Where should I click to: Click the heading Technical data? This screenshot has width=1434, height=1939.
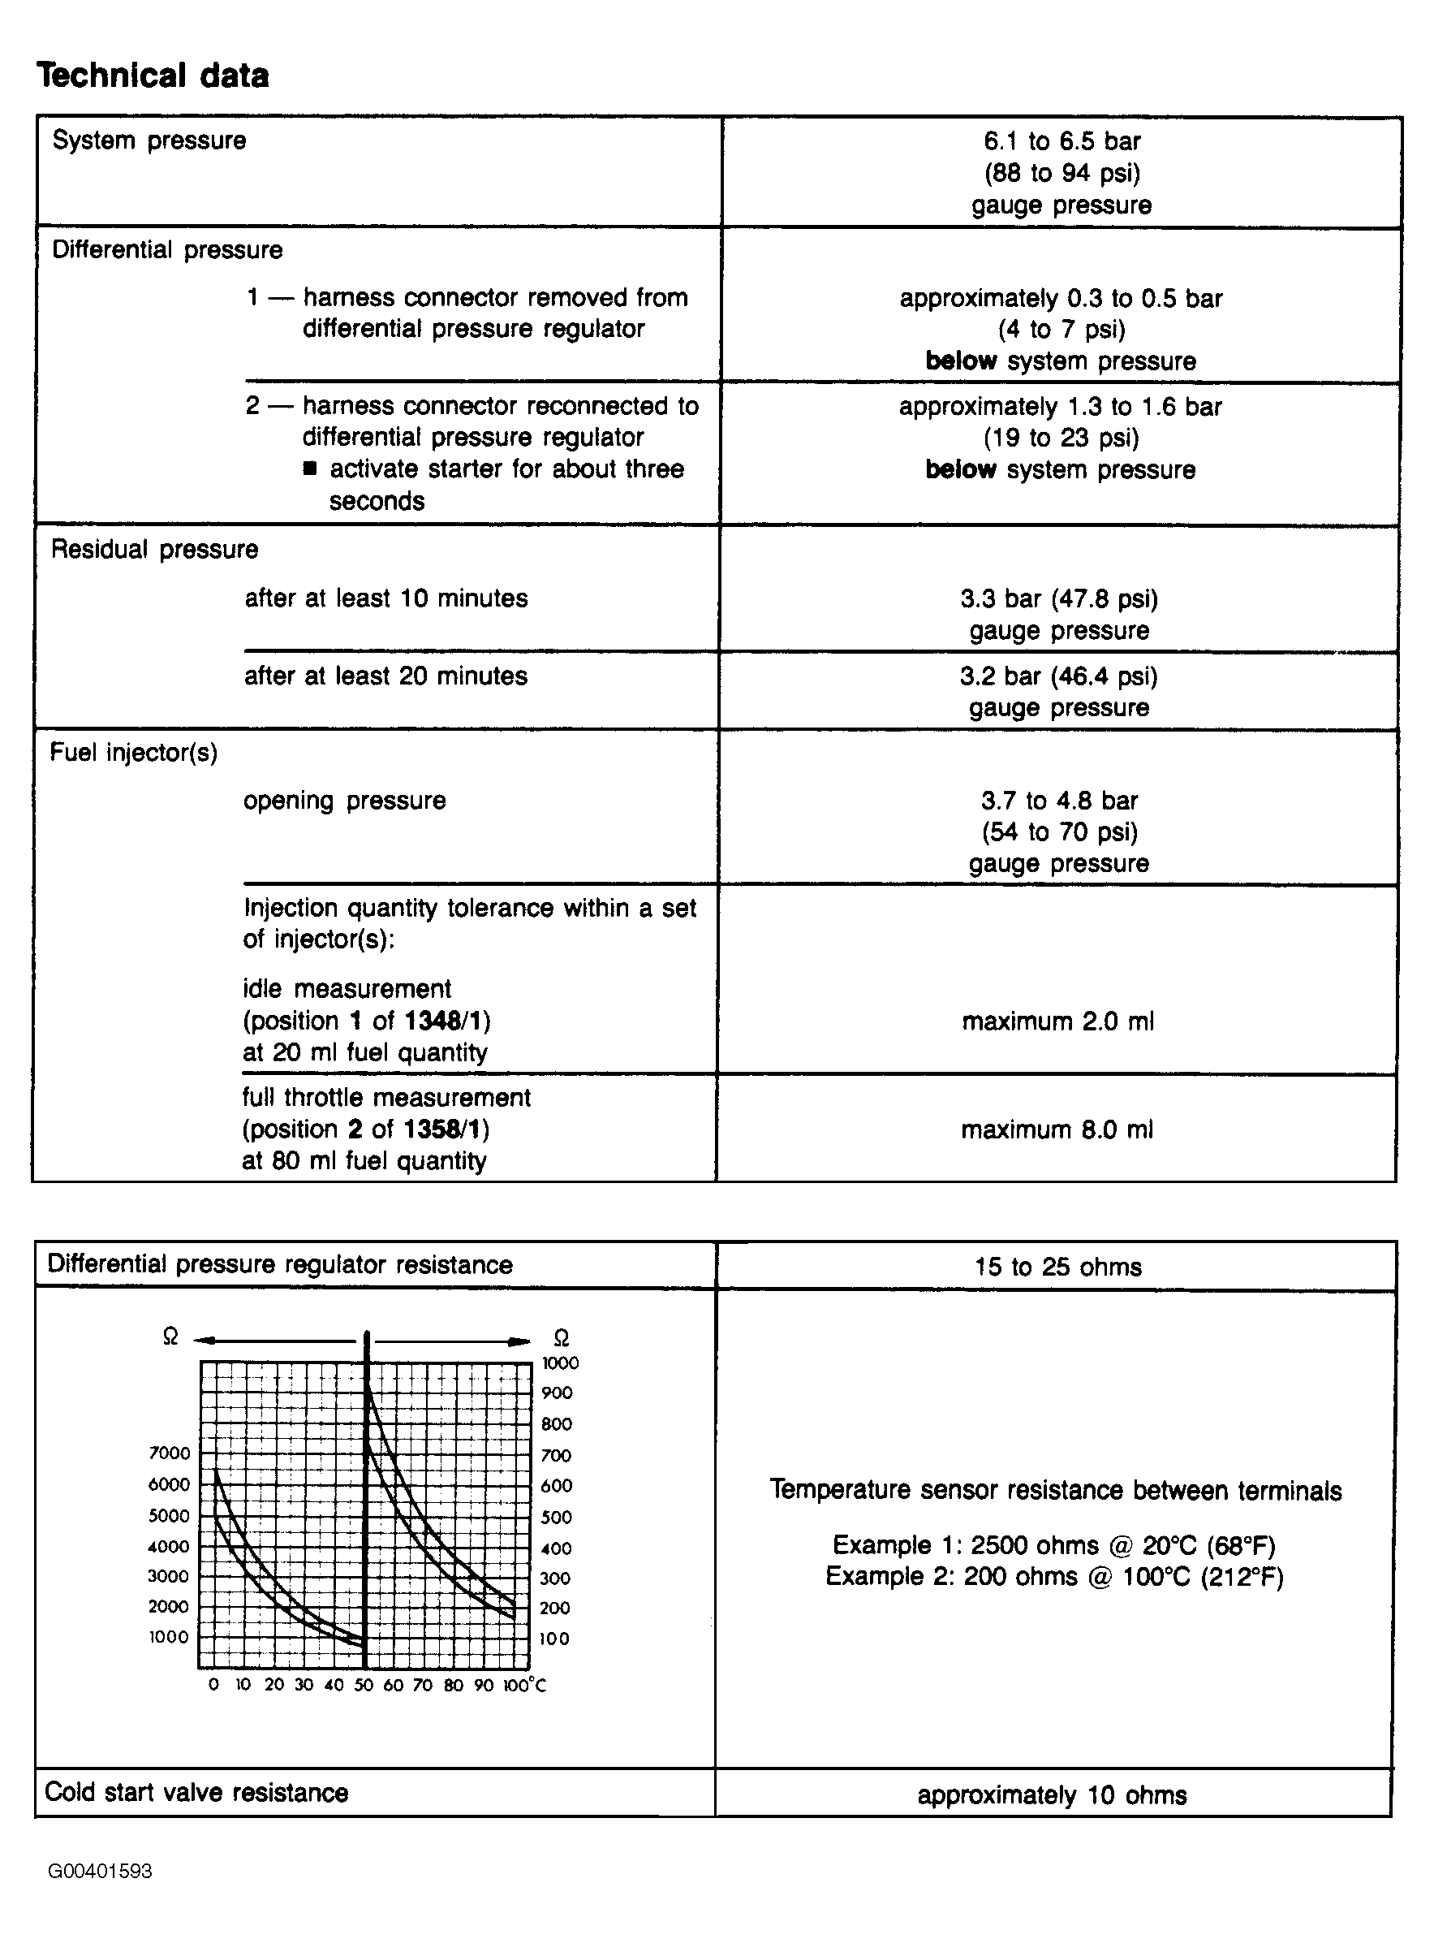click(153, 76)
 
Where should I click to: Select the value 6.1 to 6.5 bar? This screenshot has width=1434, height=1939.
click(1061, 140)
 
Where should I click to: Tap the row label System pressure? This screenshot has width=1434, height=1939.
click(149, 140)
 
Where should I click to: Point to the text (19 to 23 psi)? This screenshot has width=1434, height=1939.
click(1061, 438)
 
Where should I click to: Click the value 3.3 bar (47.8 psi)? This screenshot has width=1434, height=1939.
click(1058, 599)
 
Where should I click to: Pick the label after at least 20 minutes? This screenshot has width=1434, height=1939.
click(385, 676)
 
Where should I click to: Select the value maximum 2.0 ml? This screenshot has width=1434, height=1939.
click(1057, 1021)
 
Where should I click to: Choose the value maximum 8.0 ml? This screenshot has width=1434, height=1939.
click(1057, 1129)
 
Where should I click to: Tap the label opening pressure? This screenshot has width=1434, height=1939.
click(344, 801)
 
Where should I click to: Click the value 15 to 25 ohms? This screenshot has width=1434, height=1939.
click(1057, 1267)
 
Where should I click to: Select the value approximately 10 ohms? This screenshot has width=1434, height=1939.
click(1051, 1794)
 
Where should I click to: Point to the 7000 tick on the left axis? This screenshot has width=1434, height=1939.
click(170, 1453)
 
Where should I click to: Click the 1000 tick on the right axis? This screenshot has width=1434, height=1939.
click(560, 1363)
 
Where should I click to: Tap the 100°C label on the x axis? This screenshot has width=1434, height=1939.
click(524, 1686)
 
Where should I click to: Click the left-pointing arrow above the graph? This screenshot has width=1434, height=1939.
click(203, 1341)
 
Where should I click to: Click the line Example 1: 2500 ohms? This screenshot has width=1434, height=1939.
click(1053, 1546)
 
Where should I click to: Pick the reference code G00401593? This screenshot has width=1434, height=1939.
click(100, 1872)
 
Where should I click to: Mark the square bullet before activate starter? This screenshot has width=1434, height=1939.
click(310, 469)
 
